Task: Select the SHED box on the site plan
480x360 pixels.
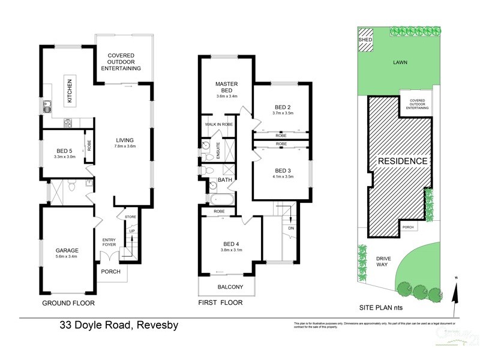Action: tap(364, 40)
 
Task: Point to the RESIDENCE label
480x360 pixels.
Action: tap(402, 161)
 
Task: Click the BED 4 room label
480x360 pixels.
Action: tap(230, 243)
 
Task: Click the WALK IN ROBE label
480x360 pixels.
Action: tap(218, 124)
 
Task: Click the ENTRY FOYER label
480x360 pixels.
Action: tap(109, 242)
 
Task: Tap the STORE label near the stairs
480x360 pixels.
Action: tap(130, 216)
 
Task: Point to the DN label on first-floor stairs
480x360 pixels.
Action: tap(290, 228)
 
